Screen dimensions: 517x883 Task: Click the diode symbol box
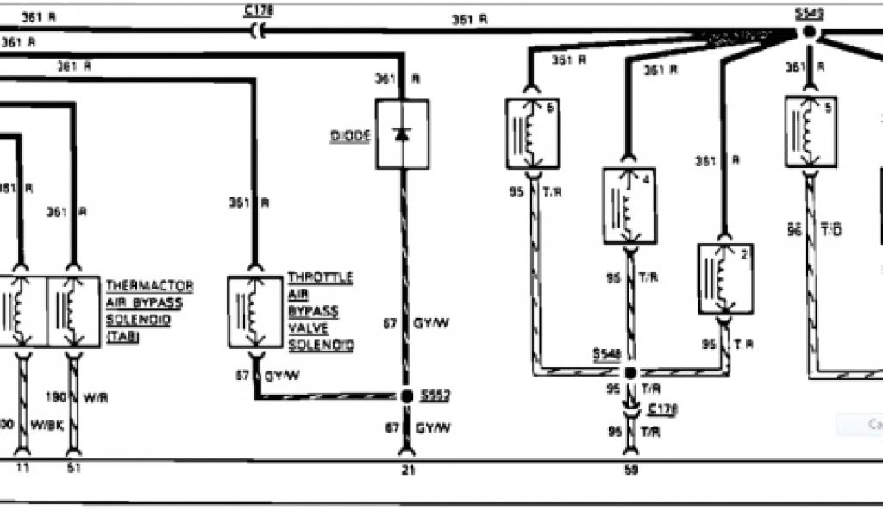[x=402, y=134]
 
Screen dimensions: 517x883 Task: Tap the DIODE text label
[x=352, y=136]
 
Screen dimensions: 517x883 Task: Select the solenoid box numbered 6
[x=532, y=134]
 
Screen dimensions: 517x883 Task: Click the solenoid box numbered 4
[x=629, y=206]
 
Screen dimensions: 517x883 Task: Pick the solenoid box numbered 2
[x=726, y=278]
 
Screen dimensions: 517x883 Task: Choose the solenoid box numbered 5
[x=811, y=131]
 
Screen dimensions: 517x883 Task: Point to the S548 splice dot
[x=629, y=372]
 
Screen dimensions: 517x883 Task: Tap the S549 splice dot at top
[x=809, y=32]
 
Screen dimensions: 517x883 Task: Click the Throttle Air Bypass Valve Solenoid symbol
[x=255, y=311]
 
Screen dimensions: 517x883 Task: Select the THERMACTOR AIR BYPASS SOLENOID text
[x=148, y=311]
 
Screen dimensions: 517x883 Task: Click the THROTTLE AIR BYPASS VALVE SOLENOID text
[x=320, y=311]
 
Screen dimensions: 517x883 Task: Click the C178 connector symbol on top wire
[x=256, y=31]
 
